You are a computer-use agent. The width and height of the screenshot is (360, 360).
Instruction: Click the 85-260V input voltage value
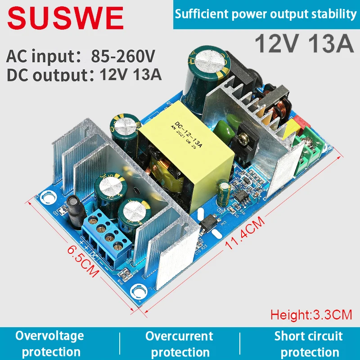coord(123,56)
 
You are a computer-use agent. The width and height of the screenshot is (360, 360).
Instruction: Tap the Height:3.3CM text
coord(311,315)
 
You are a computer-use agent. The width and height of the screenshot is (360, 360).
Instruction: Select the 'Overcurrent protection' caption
coord(179,344)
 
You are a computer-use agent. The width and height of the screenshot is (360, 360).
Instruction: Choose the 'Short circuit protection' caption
coord(309,344)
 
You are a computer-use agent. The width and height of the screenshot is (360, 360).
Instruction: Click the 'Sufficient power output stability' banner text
coord(265,14)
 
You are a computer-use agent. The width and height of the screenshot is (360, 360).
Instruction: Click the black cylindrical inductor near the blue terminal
coord(73,211)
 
